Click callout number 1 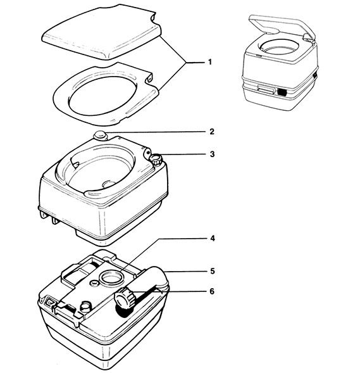(209, 62)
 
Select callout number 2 (212, 132)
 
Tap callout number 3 (212, 154)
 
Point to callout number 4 (213, 238)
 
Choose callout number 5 (213, 271)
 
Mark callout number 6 (212, 291)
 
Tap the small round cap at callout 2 (100, 136)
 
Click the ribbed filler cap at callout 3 (156, 159)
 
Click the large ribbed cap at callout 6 (125, 298)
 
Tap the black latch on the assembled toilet (282, 92)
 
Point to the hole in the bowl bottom (109, 184)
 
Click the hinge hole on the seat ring (150, 78)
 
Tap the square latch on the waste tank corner (49, 301)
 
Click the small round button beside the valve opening (94, 282)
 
